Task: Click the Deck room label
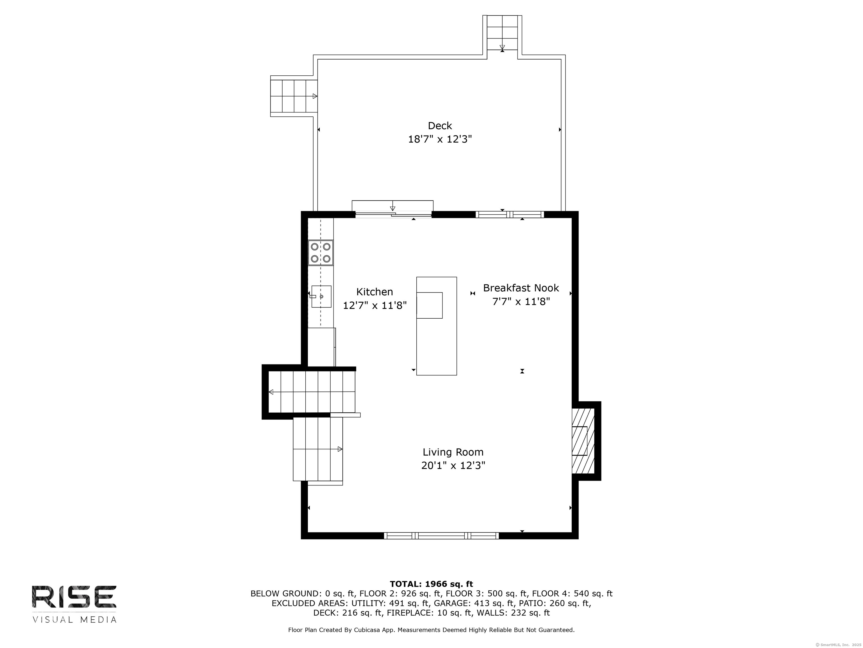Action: pos(440,126)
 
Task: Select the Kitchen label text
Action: pos(374,292)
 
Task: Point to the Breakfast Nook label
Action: pos(521,288)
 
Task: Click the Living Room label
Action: pos(453,452)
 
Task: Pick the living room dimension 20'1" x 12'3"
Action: pos(453,465)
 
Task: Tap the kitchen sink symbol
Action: pos(321,296)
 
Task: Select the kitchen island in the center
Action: pos(436,326)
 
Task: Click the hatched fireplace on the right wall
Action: pos(583,441)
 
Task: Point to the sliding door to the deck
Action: pos(393,214)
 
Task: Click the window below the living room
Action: pos(441,535)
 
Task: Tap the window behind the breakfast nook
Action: pos(509,214)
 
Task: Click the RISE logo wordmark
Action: pos(74,597)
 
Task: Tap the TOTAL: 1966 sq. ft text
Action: pos(431,584)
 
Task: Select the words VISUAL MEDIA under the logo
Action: pos(74,620)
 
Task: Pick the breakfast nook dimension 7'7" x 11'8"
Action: pos(521,301)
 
